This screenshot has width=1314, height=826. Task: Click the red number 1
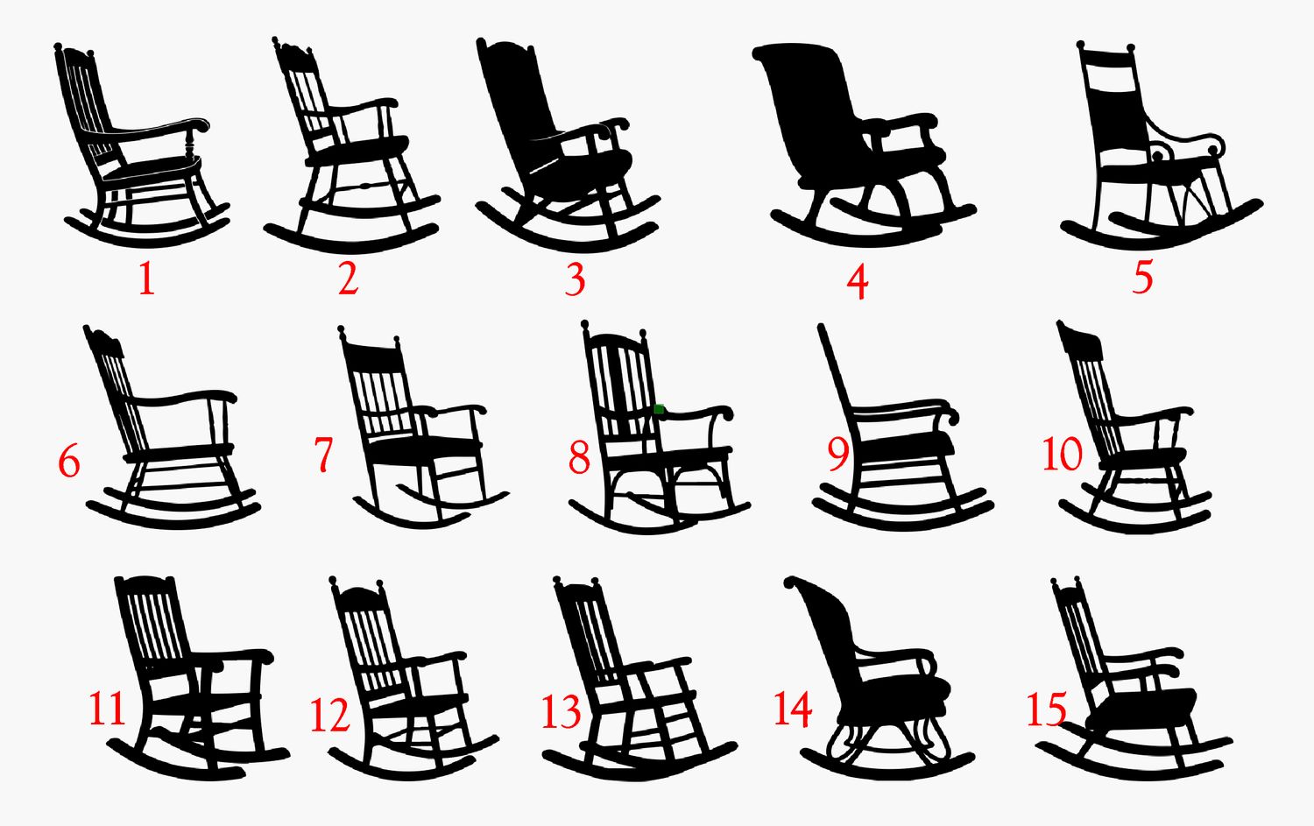coord(145,279)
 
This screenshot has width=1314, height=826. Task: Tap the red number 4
coord(858,281)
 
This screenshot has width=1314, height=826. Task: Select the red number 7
coord(324,455)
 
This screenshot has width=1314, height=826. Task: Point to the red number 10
coord(1062,455)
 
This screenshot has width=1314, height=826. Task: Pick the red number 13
coord(561,711)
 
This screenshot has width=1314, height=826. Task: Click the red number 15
coord(1047,710)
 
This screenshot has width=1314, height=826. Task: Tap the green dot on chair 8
coord(659,409)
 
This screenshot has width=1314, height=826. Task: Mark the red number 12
coord(329,716)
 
